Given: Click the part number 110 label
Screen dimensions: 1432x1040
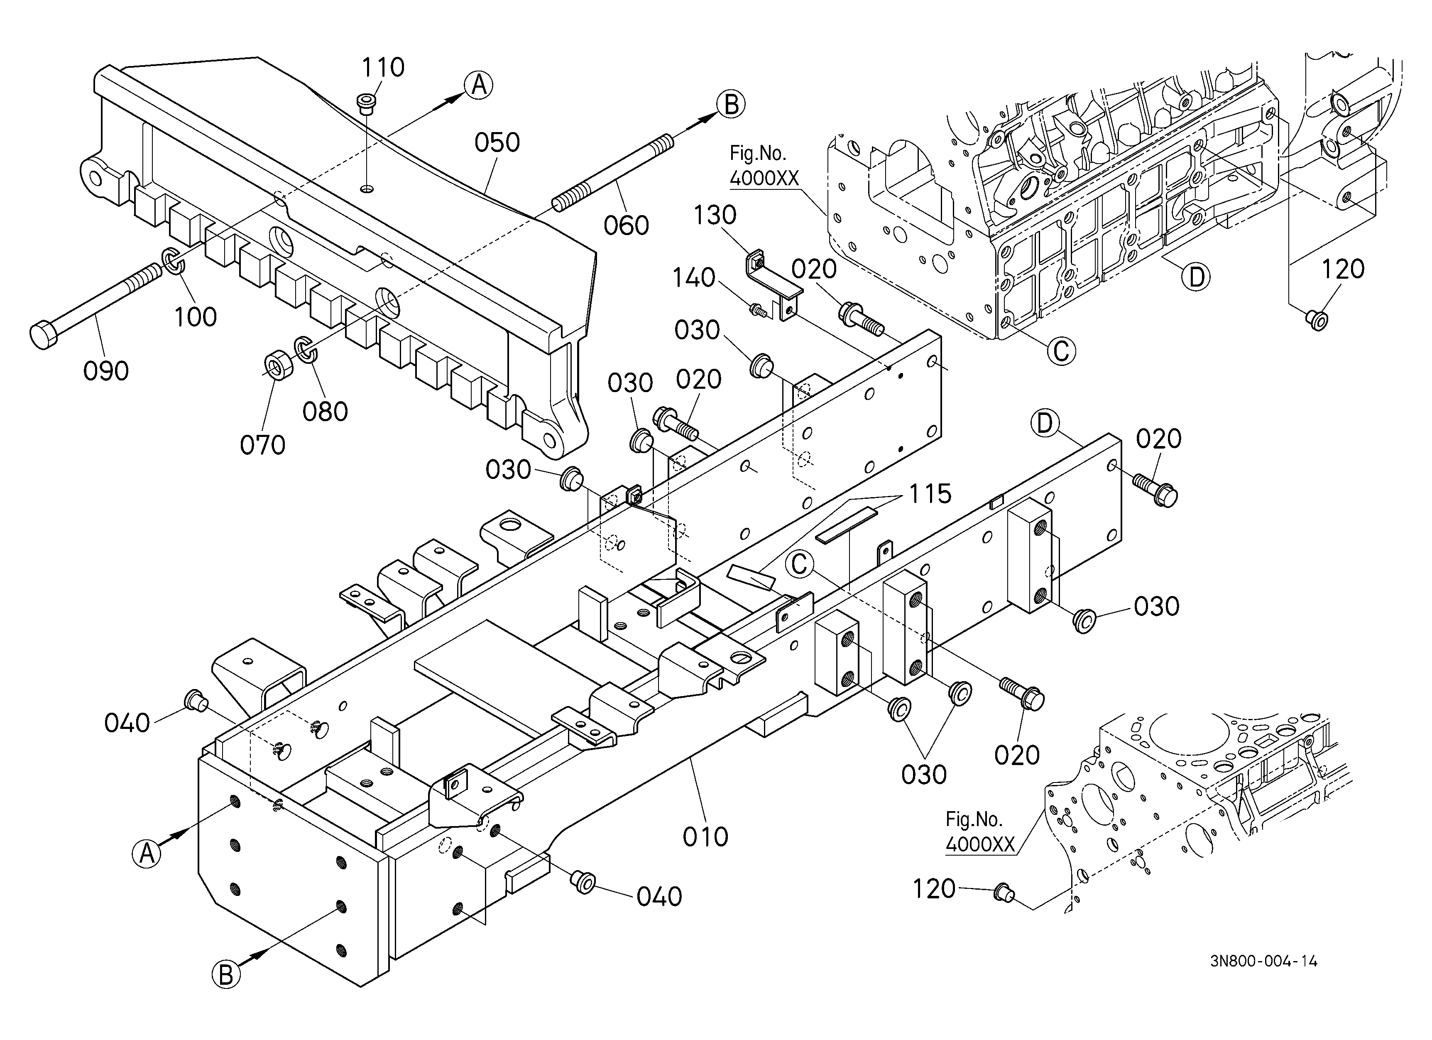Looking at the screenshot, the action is click(383, 67).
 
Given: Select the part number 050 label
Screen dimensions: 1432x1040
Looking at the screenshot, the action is click(497, 143).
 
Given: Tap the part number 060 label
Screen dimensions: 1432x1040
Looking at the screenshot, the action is click(626, 226).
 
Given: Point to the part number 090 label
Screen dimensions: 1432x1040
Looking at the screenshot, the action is click(106, 370).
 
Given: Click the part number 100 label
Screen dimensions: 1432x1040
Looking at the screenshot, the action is click(195, 316).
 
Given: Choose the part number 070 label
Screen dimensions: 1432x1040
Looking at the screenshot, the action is click(263, 445).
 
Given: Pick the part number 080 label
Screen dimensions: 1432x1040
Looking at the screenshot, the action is click(325, 412).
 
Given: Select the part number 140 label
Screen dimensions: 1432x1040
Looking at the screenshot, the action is click(693, 278).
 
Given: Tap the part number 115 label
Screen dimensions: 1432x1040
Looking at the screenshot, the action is click(930, 494).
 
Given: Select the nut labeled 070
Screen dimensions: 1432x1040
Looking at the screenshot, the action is click(277, 367).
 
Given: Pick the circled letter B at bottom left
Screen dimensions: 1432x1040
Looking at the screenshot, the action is click(225, 974).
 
